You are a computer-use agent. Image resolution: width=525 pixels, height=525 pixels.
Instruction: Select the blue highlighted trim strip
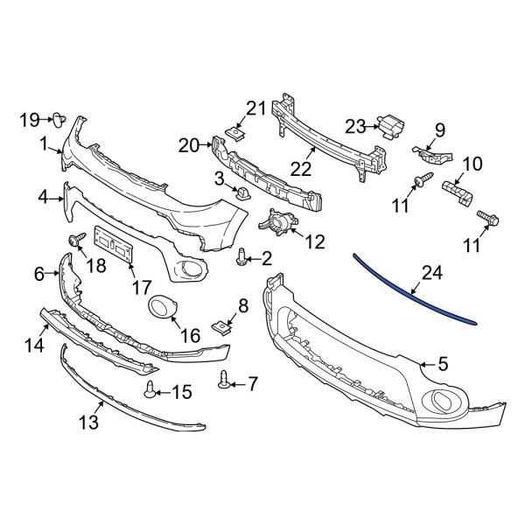coord(411,290)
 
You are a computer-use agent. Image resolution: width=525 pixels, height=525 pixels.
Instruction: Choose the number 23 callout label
coord(355,127)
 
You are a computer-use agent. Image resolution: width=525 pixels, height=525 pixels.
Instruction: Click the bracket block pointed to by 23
coord(387,127)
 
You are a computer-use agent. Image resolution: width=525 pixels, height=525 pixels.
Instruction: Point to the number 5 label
coord(443,361)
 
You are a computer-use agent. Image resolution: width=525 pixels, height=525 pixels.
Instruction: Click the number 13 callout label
coord(88,423)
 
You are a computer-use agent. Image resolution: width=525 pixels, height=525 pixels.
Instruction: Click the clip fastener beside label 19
coord(55,119)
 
